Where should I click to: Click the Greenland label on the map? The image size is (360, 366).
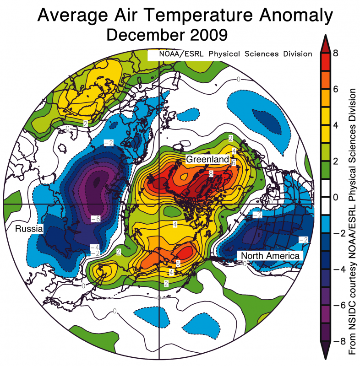207,159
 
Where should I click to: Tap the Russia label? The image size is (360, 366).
28,228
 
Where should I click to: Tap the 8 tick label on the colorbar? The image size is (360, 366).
336,53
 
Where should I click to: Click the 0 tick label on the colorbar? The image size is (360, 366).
336,197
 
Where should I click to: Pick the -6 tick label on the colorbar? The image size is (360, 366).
334,305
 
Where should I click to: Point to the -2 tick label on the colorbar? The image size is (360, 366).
334,233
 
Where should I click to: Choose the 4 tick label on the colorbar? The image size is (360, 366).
336,125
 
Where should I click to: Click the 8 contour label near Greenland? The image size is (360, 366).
211,174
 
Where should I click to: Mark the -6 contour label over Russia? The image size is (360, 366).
96,218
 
